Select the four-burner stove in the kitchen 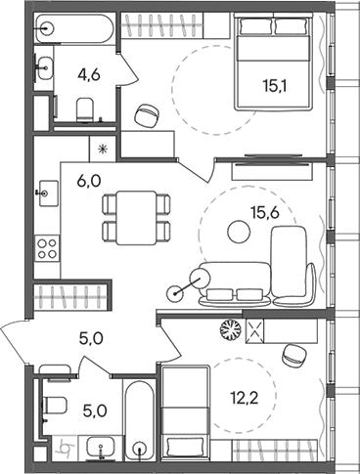point(47,248)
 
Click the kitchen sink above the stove point(45,193)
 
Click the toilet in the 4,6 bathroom point(84,115)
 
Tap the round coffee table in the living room point(237,232)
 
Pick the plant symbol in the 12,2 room point(231,330)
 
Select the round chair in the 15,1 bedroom point(147,114)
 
